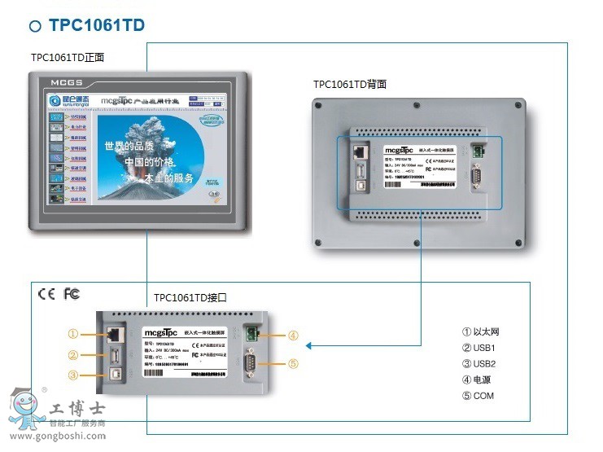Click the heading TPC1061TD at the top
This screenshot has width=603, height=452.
point(96,25)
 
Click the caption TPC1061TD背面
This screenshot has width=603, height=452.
point(349,84)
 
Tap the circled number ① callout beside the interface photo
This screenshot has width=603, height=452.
point(72,334)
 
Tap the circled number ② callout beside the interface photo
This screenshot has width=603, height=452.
point(72,355)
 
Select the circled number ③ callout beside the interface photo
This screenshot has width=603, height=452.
point(72,375)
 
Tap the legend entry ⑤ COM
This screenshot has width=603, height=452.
point(478,397)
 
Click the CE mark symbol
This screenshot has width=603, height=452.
point(46,294)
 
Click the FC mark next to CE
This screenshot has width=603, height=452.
point(72,294)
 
